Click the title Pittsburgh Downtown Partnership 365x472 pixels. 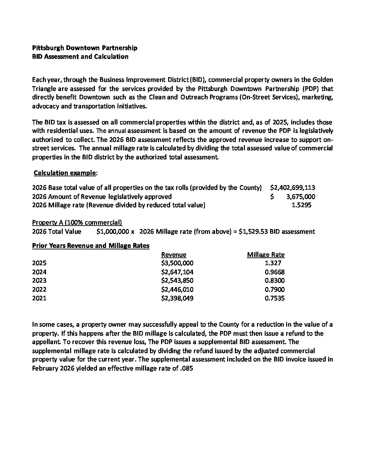pos(85,48)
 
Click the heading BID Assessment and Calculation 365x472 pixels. pos(80,57)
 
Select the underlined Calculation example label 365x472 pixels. pos(65,173)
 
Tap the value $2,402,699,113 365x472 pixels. pos(292,188)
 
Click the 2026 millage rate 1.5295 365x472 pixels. pos(301,205)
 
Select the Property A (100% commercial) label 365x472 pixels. pos(77,223)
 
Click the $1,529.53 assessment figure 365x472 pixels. pos(253,231)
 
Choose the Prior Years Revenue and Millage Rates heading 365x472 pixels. pos(91,246)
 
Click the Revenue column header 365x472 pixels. pos(173,254)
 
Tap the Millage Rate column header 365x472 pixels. pos(266,254)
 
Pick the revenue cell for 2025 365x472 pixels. pos(177,263)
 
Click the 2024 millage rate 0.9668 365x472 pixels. pos(274,272)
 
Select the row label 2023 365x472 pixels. pos(39,281)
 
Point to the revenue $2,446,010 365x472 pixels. pos(177,289)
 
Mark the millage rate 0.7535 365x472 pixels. pos(274,298)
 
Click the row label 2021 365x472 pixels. pos(39,298)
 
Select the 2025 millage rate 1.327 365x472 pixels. pos(273,263)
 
